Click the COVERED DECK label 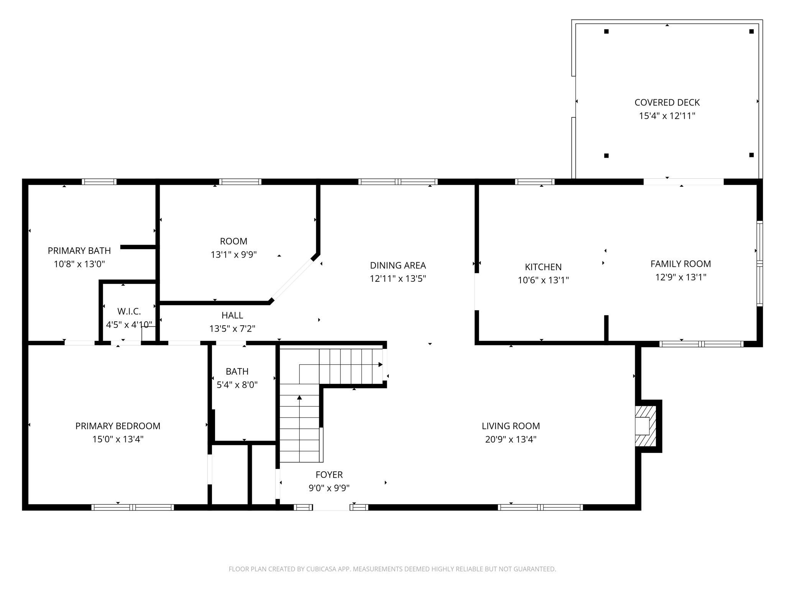[x=667, y=102]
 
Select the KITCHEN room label [x=543, y=267]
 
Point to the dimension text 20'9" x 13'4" [x=511, y=439]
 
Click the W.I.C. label [x=129, y=311]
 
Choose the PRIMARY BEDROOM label [x=118, y=426]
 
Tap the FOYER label [x=329, y=475]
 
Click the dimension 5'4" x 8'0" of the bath [x=237, y=385]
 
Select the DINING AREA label [x=398, y=265]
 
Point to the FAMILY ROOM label [x=680, y=264]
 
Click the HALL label [x=232, y=315]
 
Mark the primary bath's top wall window [x=99, y=182]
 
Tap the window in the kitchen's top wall [x=535, y=182]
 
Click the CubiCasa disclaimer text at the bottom [x=392, y=569]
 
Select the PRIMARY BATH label [x=79, y=251]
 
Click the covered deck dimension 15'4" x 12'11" [x=667, y=116]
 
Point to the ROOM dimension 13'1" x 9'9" [x=233, y=255]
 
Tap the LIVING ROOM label [x=511, y=426]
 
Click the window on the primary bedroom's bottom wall [x=133, y=507]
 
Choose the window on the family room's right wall [x=759, y=263]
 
